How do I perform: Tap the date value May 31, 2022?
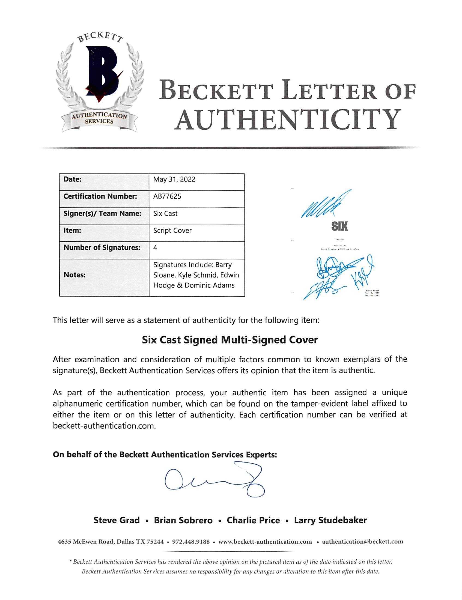[174, 179]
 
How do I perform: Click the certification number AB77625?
[167, 196]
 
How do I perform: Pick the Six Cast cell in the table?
[165, 213]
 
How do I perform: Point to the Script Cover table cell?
[172, 231]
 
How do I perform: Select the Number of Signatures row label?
[102, 247]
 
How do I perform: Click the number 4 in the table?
[155, 247]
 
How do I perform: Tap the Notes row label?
[74, 275]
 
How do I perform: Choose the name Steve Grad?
[117, 520]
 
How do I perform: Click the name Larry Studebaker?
[330, 520]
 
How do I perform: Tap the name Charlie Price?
[253, 520]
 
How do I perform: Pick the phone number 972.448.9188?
[191, 542]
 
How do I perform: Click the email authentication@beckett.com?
[362, 542]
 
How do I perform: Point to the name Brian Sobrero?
[183, 520]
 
